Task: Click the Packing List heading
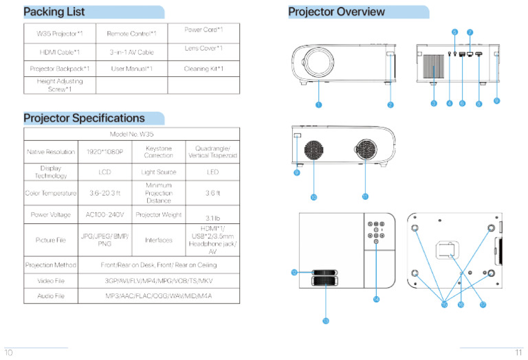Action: click(55, 12)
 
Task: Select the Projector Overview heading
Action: click(336, 12)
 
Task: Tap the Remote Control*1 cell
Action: click(131, 33)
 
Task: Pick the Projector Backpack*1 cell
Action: click(59, 69)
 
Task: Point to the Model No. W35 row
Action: click(131, 134)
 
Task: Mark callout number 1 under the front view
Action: click(318, 104)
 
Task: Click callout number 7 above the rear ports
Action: click(470, 32)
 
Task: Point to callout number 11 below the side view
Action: click(365, 196)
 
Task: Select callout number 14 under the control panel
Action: click(376, 299)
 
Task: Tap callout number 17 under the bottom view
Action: click(483, 304)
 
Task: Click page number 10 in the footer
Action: click(9, 352)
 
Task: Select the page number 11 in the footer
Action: click(519, 352)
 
